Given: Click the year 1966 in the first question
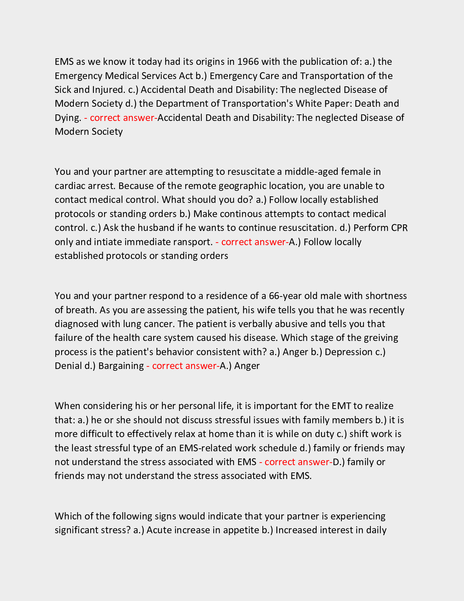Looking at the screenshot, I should click(248, 62).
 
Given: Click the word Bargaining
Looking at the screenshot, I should click(121, 366).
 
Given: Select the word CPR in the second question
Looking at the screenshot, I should click(399, 228).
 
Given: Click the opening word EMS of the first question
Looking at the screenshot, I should click(64, 62).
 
